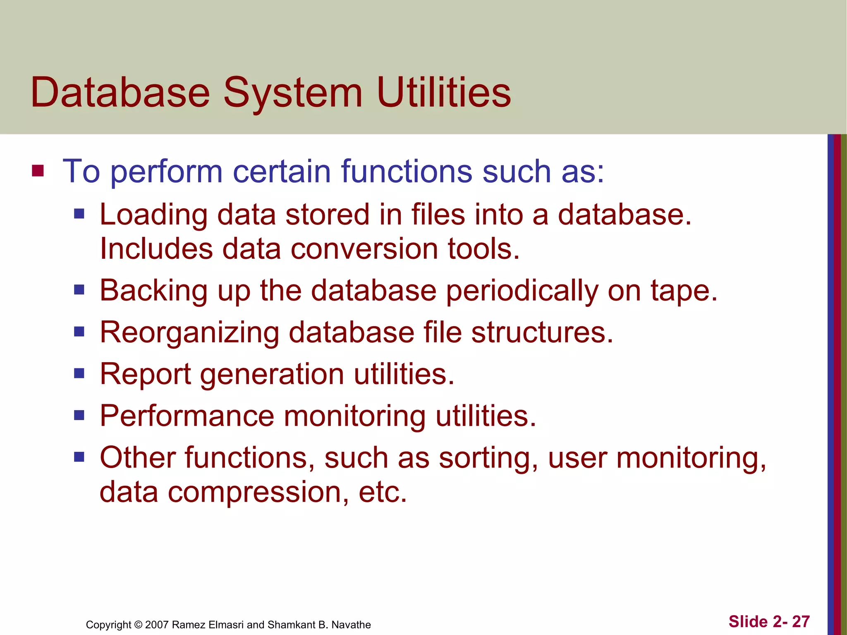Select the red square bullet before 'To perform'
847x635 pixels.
(x=38, y=171)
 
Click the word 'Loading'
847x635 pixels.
(x=153, y=215)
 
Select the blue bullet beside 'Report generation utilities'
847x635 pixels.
(x=79, y=374)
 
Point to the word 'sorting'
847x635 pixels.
(x=488, y=458)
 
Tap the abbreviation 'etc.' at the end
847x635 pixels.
(x=383, y=492)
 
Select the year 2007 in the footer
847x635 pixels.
(x=157, y=625)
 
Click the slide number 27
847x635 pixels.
(x=801, y=621)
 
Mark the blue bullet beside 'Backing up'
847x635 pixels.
(x=79, y=290)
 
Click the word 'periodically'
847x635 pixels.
(x=522, y=291)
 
